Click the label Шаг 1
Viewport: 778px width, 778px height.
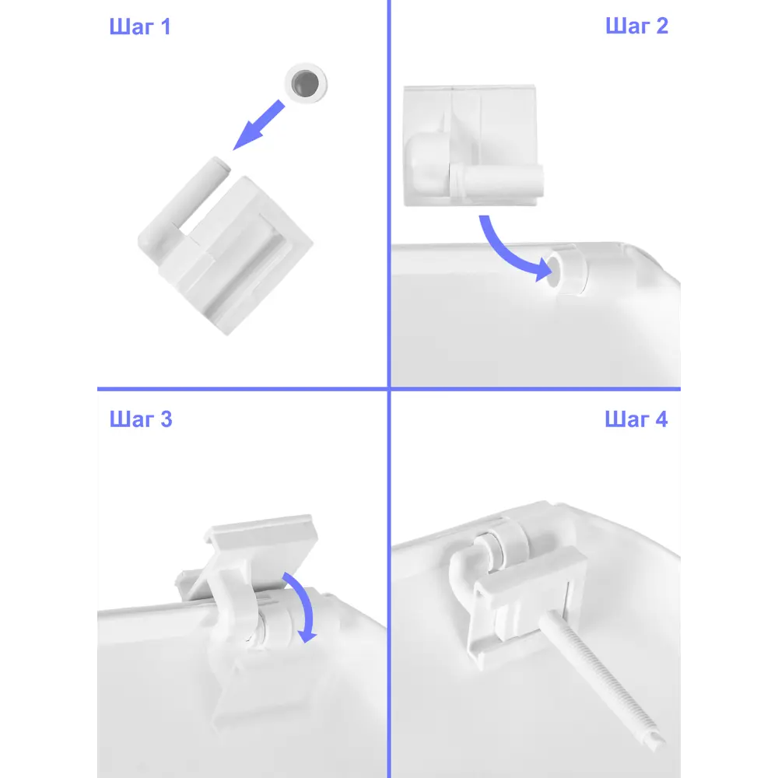pyautogui.click(x=140, y=26)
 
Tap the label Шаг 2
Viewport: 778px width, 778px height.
pyautogui.click(x=636, y=26)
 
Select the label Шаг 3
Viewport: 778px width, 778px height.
pyautogui.click(x=140, y=419)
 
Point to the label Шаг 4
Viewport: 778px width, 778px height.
pyautogui.click(x=636, y=419)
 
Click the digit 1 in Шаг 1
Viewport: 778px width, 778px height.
pyautogui.click(x=165, y=26)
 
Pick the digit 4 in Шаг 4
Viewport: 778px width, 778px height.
pyautogui.click(x=661, y=419)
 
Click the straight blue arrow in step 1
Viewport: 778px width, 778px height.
pyautogui.click(x=258, y=125)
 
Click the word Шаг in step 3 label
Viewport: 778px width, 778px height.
pyautogui.click(x=132, y=419)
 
